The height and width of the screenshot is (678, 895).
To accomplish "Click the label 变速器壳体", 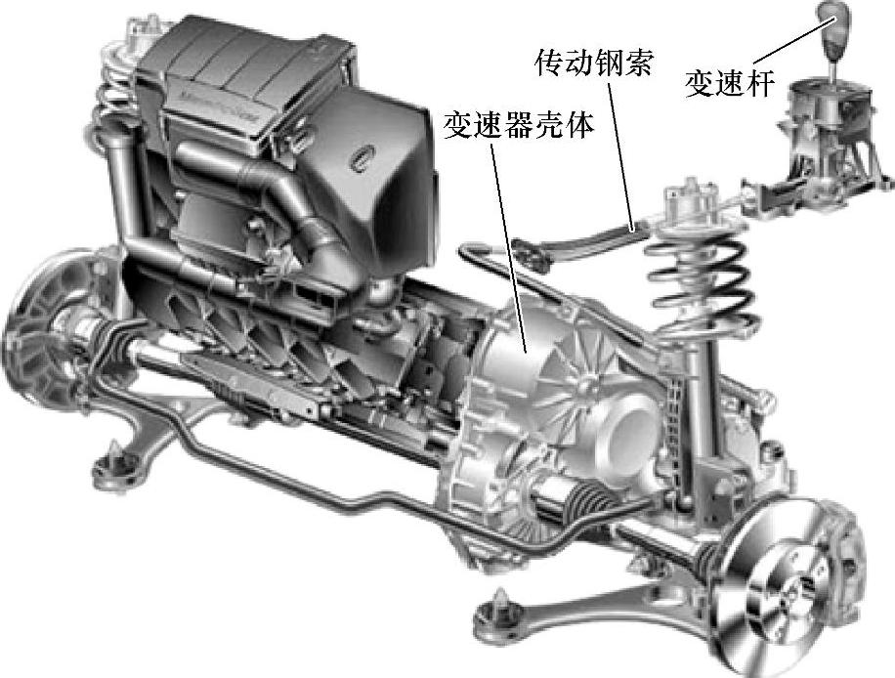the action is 518,125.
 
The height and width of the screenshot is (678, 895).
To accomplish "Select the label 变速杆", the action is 729,83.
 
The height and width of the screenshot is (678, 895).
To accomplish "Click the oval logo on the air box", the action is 362,155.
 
